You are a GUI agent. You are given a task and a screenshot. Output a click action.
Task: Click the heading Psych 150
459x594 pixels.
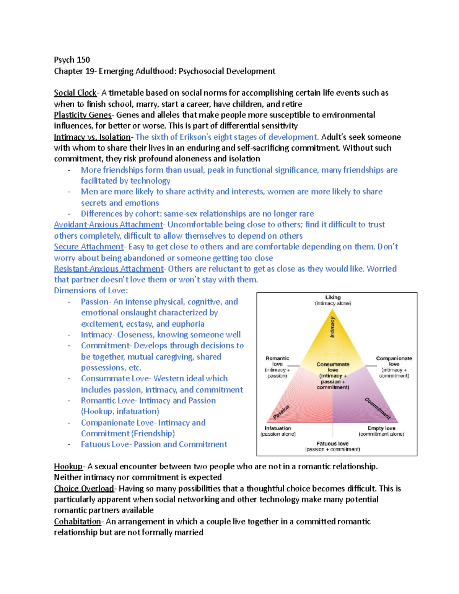72,60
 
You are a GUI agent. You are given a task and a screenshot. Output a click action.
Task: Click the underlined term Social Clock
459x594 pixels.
75,93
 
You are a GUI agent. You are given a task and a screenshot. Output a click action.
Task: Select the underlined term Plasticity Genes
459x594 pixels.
83,115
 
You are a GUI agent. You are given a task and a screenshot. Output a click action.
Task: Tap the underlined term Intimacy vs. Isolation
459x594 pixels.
92,137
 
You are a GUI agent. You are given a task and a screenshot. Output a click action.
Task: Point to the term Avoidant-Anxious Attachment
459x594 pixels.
108,225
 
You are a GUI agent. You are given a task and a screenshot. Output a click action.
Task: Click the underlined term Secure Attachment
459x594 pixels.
89,247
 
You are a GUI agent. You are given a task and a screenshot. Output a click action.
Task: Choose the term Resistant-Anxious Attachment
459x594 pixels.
109,269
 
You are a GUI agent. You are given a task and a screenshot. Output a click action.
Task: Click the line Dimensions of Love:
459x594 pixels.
91,291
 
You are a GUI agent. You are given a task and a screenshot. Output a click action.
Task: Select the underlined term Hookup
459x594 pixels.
68,467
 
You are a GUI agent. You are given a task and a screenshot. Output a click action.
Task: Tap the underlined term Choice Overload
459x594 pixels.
84,489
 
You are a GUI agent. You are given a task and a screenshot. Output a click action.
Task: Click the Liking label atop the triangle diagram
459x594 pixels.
333,298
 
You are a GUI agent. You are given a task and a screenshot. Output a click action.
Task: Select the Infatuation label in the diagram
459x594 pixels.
278,428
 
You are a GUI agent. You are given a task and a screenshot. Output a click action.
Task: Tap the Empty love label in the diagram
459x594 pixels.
381,428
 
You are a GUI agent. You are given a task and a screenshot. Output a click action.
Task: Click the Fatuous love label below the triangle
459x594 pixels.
332,444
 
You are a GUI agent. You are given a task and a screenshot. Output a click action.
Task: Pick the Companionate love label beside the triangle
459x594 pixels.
394,361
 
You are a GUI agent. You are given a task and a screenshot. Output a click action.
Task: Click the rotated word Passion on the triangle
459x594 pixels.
281,412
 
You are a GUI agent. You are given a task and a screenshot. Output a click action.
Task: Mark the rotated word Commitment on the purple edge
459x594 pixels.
378,408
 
